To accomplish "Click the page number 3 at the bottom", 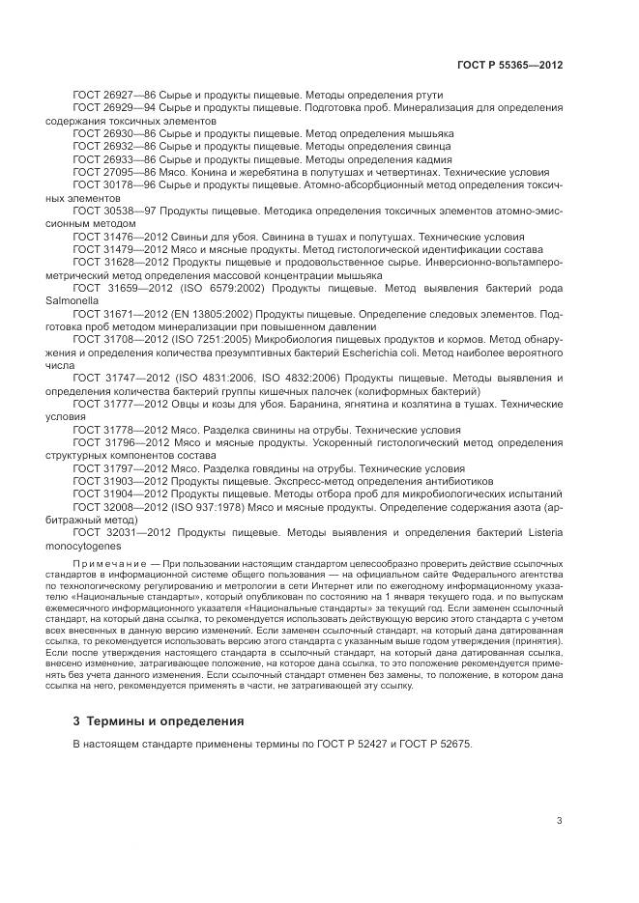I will [x=559, y=821].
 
